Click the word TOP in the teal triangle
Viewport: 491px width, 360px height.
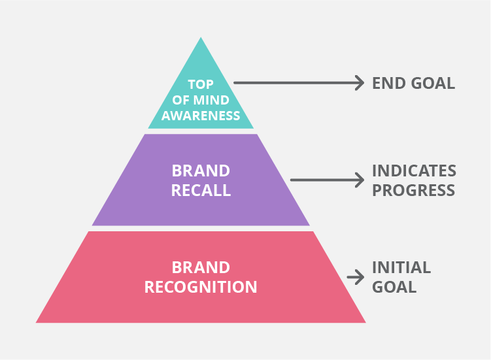201,84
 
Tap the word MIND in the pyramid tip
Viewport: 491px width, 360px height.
213,100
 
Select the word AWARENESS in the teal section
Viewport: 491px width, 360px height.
201,116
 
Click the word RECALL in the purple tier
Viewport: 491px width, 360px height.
201,190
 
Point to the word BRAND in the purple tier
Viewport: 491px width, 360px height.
201,171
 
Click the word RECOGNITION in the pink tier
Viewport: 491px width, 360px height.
201,287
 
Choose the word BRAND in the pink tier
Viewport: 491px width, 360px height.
201,268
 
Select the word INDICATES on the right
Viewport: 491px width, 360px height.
414,171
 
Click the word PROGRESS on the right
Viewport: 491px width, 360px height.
413,190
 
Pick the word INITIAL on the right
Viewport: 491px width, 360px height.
401,268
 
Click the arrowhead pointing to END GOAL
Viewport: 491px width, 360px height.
360,83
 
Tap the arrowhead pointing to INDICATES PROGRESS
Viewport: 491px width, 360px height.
360,180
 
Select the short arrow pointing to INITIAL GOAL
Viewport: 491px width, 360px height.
355,277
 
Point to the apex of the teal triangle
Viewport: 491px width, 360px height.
201,38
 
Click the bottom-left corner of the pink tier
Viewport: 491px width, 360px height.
37,322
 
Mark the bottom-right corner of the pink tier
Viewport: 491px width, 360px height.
365,322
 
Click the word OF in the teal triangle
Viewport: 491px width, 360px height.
181,100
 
